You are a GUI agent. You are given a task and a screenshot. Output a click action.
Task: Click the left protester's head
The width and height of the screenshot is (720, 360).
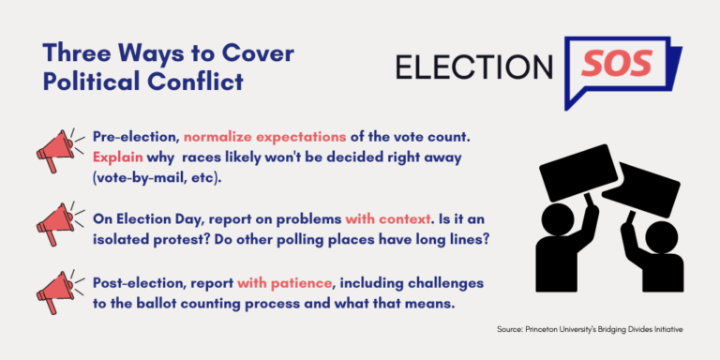pos(562,224)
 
